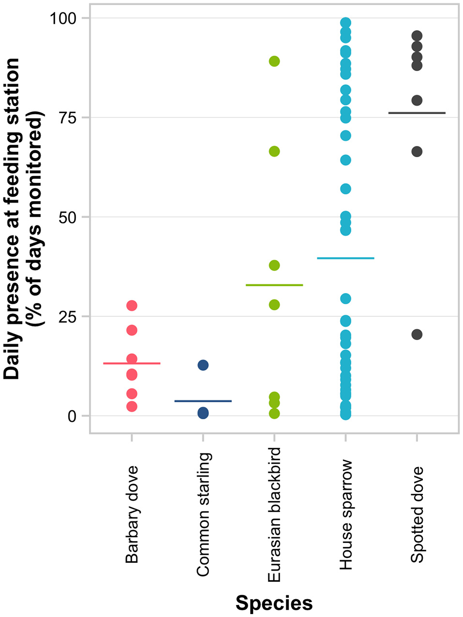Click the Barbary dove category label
(132, 514)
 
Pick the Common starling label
(204, 514)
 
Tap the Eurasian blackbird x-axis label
(274, 514)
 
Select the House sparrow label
(346, 514)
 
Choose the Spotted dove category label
(417, 514)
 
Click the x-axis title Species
(274, 603)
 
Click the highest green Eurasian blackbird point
(274, 61)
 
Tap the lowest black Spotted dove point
(417, 335)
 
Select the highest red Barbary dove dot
(132, 306)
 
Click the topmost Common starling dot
(203, 365)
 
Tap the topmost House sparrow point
(345, 23)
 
